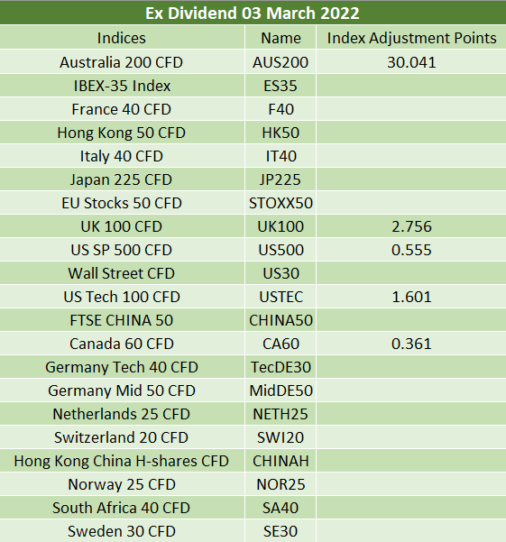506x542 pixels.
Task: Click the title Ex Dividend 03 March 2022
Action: tap(253, 14)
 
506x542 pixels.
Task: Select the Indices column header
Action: tap(122, 38)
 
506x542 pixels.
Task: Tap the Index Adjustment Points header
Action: tap(411, 38)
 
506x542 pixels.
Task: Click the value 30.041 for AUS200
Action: tap(411, 62)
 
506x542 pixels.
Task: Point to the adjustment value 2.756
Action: tap(411, 226)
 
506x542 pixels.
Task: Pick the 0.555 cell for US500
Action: tap(411, 250)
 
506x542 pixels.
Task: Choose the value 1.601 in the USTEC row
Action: tap(411, 297)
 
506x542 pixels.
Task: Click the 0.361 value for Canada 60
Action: tap(411, 344)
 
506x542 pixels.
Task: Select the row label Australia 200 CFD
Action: tap(121, 62)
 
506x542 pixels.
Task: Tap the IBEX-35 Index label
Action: tap(122, 86)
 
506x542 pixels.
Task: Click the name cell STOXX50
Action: tap(281, 203)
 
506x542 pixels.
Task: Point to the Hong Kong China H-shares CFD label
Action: tap(122, 461)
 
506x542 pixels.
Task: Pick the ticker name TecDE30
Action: tap(281, 367)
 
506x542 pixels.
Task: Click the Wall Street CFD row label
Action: tap(122, 273)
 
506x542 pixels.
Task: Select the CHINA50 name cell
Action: tap(281, 320)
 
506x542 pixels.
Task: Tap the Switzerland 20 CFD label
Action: tap(122, 437)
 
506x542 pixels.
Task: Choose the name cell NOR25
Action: tap(281, 484)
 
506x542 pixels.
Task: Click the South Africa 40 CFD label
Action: tap(122, 508)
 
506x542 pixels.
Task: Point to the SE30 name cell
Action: tap(281, 531)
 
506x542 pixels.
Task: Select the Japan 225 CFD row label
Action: tap(121, 179)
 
